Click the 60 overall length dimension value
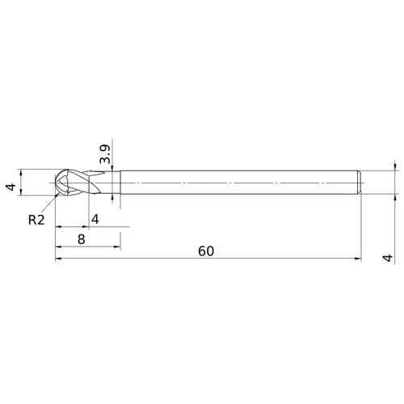[205, 250]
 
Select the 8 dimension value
[82, 239]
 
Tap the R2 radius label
[37, 219]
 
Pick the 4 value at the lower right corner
[389, 258]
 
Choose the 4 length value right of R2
[95, 219]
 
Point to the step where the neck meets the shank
[120, 182]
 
